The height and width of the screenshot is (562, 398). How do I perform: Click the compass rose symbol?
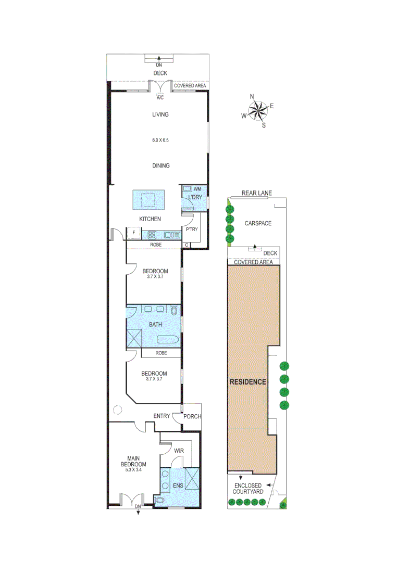tap(257, 110)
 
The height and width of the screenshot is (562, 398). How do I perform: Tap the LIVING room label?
tap(160, 114)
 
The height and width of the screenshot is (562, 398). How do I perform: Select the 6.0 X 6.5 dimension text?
tap(160, 140)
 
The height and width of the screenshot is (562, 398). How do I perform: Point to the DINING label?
tap(160, 165)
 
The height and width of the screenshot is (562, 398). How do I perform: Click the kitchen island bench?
tap(148, 199)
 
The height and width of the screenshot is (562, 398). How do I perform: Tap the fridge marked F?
tap(133, 234)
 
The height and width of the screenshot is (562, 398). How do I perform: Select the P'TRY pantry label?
tap(191, 229)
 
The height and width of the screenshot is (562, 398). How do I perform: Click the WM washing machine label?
tap(197, 188)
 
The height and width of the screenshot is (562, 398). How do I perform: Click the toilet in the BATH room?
tap(174, 311)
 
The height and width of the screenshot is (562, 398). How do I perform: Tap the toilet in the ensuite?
tap(159, 500)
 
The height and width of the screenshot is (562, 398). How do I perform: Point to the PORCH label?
tap(192, 416)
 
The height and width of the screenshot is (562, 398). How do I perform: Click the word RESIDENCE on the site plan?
tap(248, 381)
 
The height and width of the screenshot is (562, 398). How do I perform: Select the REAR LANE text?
tap(256, 194)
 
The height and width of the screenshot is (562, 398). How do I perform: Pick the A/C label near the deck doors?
tap(160, 97)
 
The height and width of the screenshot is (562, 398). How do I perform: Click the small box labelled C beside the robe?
tap(186, 245)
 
